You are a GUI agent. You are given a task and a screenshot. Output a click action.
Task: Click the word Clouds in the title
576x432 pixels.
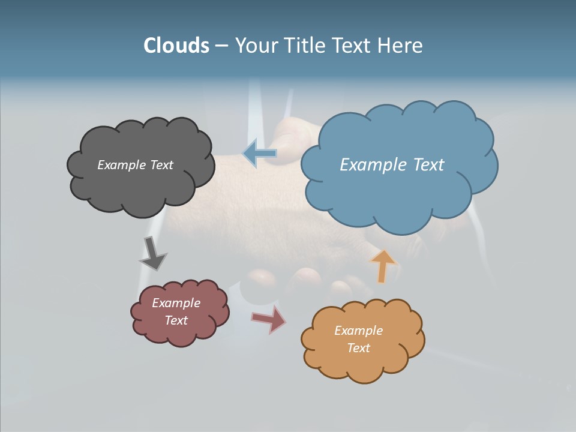pos(176,46)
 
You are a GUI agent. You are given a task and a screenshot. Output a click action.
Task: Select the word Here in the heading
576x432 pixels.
pos(401,46)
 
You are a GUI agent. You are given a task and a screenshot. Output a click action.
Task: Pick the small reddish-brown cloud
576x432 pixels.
pos(179,333)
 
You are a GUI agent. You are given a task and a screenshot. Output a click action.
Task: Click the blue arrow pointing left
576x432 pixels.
pos(260,154)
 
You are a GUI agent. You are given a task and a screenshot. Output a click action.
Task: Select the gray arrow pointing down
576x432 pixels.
pos(152,254)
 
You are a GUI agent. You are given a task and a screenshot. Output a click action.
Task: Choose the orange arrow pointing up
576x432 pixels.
pos(382,265)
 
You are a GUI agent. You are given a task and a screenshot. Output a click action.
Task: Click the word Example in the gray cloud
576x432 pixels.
pos(121,165)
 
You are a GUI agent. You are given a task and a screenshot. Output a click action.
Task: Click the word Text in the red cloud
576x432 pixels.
pos(176,320)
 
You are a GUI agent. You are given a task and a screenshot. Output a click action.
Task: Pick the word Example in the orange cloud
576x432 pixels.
pos(358,331)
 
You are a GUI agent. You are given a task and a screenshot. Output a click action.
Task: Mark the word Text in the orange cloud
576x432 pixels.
pos(358,348)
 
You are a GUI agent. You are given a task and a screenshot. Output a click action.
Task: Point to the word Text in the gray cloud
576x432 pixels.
pos(161,165)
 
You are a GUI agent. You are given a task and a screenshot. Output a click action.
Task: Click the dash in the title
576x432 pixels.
pos(221,46)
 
